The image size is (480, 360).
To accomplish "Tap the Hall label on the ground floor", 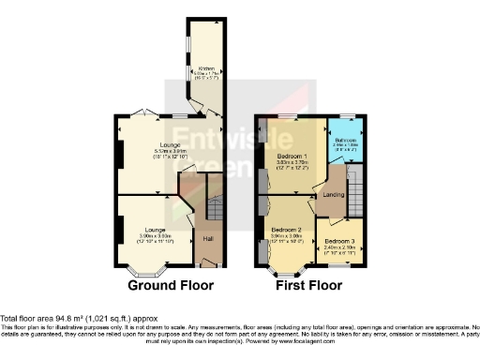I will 208,238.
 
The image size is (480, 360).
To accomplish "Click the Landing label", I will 333,194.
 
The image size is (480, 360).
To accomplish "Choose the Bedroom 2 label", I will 285,230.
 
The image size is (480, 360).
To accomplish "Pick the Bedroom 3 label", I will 339,242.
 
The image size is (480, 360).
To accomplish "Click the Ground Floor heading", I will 171,285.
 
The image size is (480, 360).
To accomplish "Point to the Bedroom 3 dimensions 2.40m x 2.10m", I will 339,248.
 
